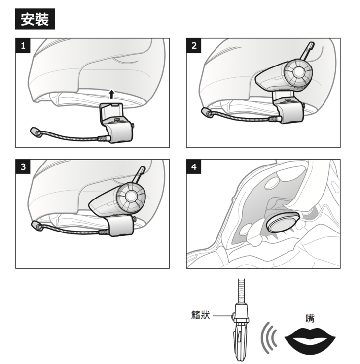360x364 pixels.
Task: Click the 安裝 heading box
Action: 35,19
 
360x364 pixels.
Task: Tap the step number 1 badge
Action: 23,45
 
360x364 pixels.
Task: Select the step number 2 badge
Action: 194,45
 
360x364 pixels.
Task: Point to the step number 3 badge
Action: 23,166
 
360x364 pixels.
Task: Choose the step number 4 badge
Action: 194,166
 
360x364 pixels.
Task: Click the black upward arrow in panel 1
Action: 112,94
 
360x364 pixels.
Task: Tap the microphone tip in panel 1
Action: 36,132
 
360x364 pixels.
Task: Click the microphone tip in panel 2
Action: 207,113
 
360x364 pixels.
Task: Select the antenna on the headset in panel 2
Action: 307,52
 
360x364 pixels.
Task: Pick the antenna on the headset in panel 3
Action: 139,175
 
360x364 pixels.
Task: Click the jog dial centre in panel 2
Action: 298,72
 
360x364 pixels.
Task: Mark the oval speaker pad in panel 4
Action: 283,222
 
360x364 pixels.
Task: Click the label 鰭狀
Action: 201,315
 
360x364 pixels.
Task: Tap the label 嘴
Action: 310,318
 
